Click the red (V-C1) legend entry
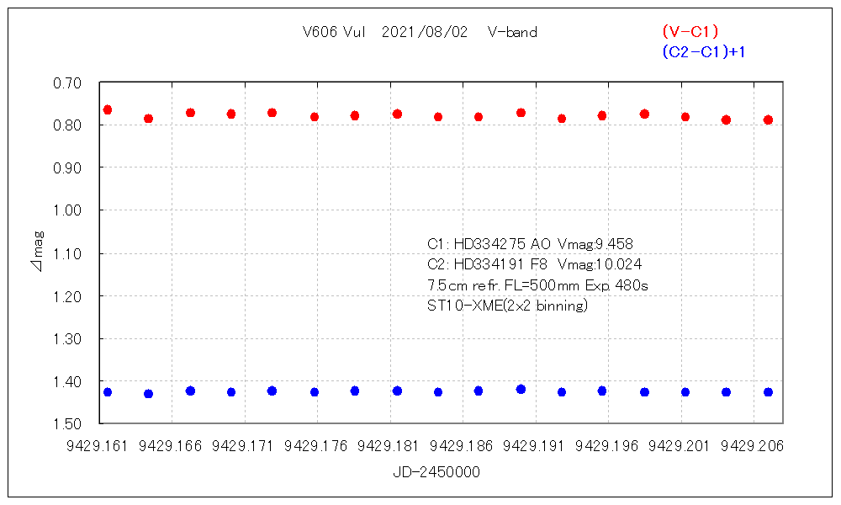[690, 32]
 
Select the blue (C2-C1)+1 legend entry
[704, 52]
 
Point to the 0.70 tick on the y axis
[66, 82]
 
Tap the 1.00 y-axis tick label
[66, 210]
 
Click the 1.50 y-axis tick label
[66, 424]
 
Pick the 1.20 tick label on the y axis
[66, 296]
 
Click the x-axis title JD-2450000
[436, 473]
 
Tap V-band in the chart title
[512, 33]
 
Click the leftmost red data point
[107, 110]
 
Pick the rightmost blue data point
[768, 392]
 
